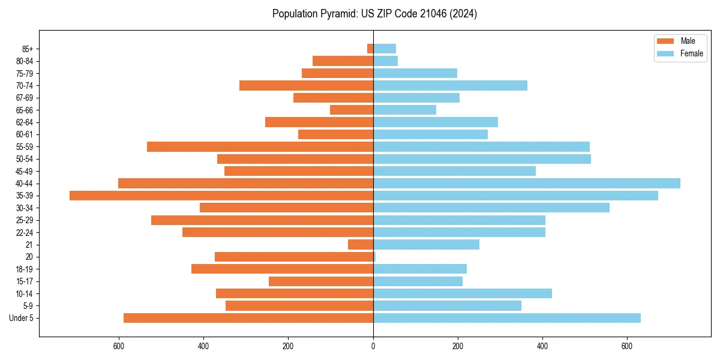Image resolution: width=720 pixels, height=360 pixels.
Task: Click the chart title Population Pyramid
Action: point(374,14)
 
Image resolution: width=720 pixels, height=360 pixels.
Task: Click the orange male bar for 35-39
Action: point(221,196)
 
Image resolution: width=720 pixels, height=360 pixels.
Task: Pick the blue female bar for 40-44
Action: point(527,184)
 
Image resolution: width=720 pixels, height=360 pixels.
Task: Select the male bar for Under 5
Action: point(248,318)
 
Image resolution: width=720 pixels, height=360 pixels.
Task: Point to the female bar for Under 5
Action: point(507,318)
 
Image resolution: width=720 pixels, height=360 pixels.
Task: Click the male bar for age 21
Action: point(361,245)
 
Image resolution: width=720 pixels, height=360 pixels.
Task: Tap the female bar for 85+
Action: point(385,49)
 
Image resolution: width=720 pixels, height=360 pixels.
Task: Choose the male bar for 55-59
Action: point(260,147)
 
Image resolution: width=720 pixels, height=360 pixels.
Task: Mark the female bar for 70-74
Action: point(450,86)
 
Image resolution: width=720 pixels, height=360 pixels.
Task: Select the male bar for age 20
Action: point(294,257)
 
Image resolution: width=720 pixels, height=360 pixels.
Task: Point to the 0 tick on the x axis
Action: point(373,346)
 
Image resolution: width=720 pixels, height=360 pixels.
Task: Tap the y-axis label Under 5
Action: point(21,318)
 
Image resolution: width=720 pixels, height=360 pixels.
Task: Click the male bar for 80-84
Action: point(343,61)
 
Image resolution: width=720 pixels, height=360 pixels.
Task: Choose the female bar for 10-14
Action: point(463,293)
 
